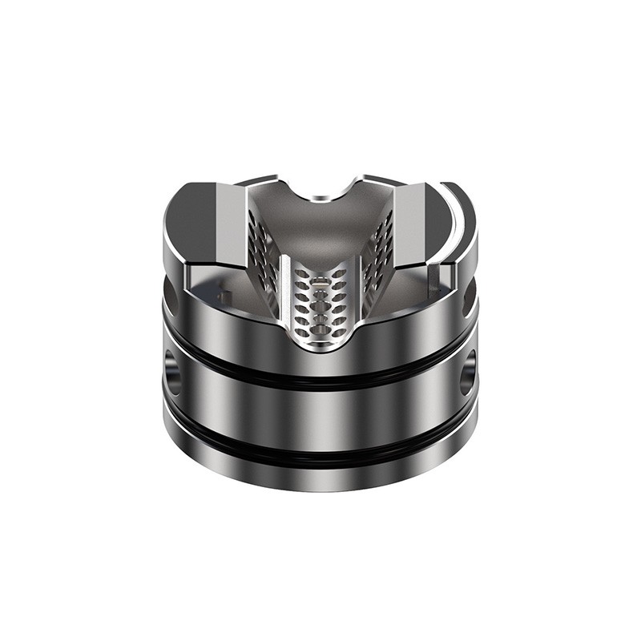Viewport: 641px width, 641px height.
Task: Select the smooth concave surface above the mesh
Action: click(x=320, y=228)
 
